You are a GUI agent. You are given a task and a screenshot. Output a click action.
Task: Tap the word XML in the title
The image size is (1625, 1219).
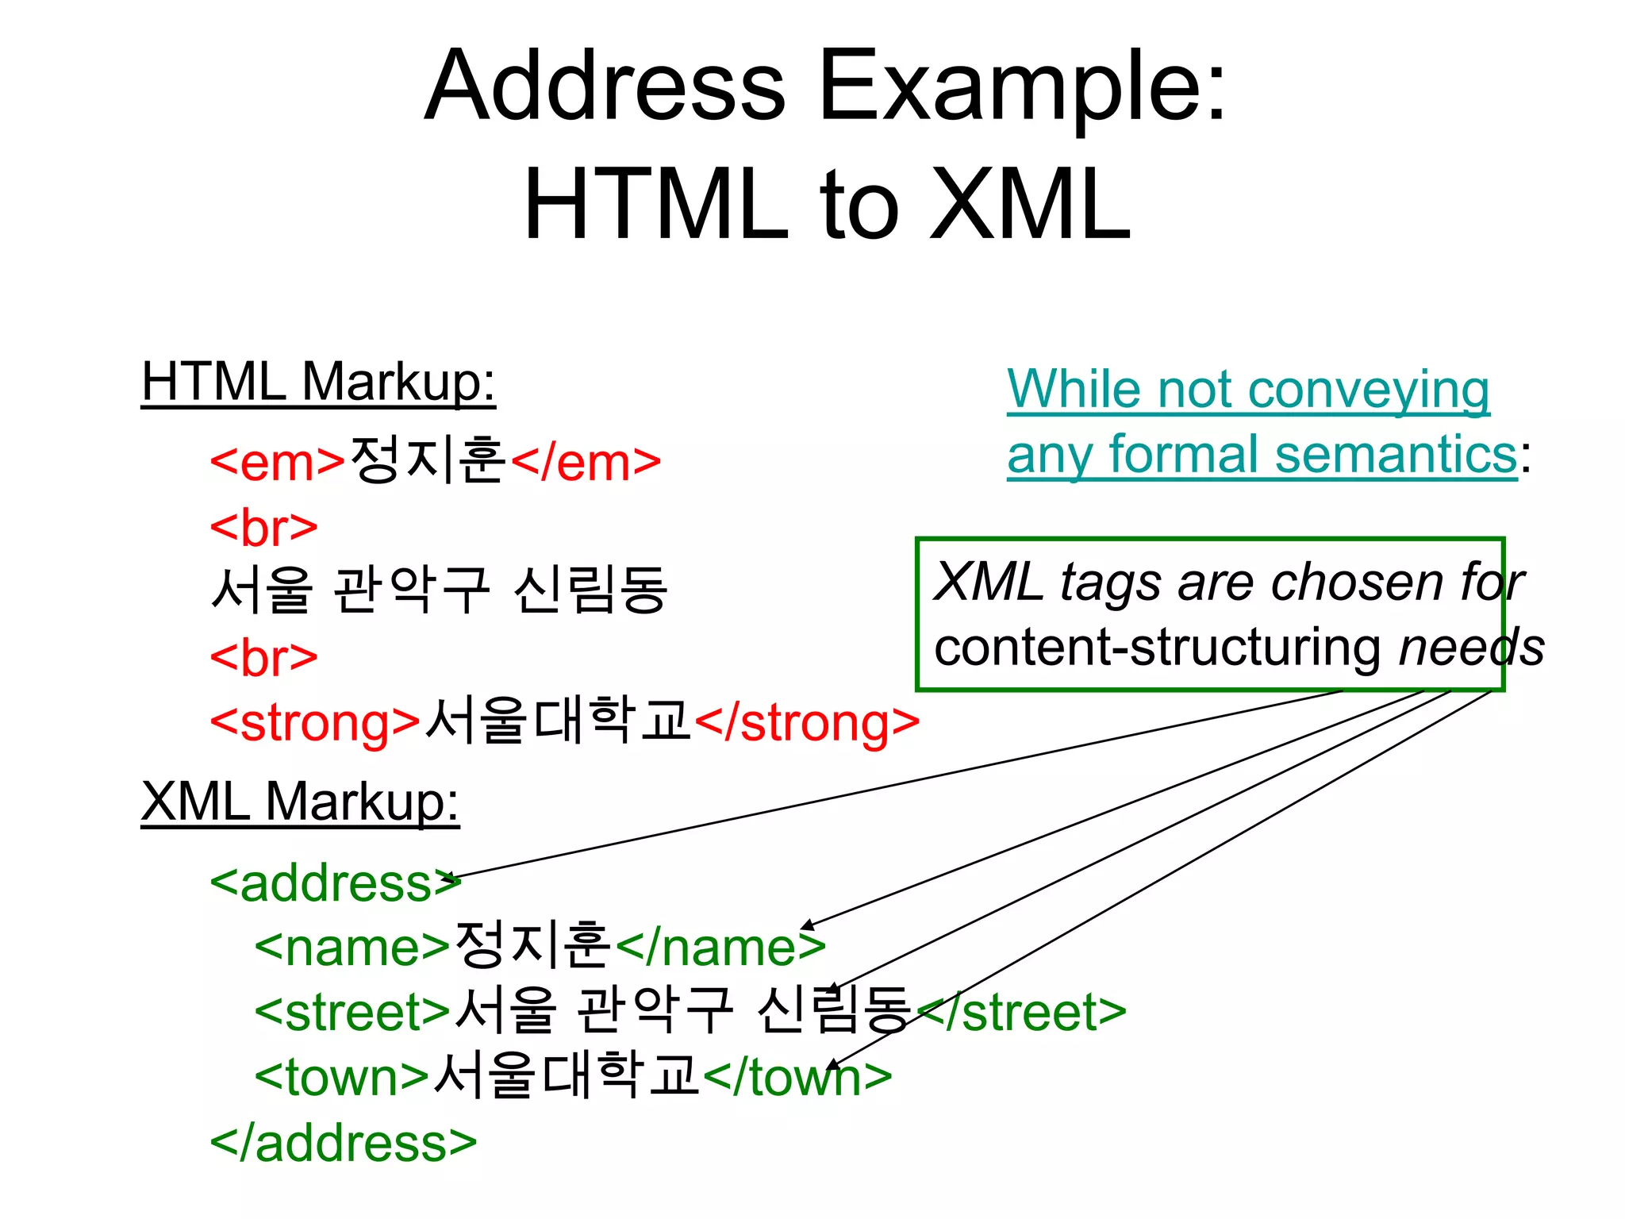pos(1029,205)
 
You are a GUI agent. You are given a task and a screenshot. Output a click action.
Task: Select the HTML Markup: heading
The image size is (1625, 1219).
pos(318,383)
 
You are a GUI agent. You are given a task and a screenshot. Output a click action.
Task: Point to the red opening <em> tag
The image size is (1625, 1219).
pos(277,462)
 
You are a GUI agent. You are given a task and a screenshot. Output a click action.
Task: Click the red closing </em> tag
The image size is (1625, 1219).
pos(586,462)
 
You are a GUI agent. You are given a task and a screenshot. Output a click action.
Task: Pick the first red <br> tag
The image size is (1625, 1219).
pos(263,527)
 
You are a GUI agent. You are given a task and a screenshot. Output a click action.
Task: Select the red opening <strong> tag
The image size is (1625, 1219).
pos(315,722)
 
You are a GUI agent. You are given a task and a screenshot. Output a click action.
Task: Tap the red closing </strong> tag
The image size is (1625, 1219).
pos(807,722)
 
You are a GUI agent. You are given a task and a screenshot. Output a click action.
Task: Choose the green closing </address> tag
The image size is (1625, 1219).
pos(343,1143)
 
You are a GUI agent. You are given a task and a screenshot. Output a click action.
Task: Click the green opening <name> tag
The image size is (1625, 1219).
pos(352,948)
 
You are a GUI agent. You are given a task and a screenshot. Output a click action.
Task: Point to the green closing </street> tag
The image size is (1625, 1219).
pos(1024,1012)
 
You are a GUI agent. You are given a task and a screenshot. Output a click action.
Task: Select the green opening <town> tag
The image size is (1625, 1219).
pos(342,1077)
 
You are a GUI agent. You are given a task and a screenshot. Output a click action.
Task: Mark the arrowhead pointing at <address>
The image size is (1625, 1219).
pos(451,879)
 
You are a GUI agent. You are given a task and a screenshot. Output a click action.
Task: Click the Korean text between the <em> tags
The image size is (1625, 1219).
pos(428,460)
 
